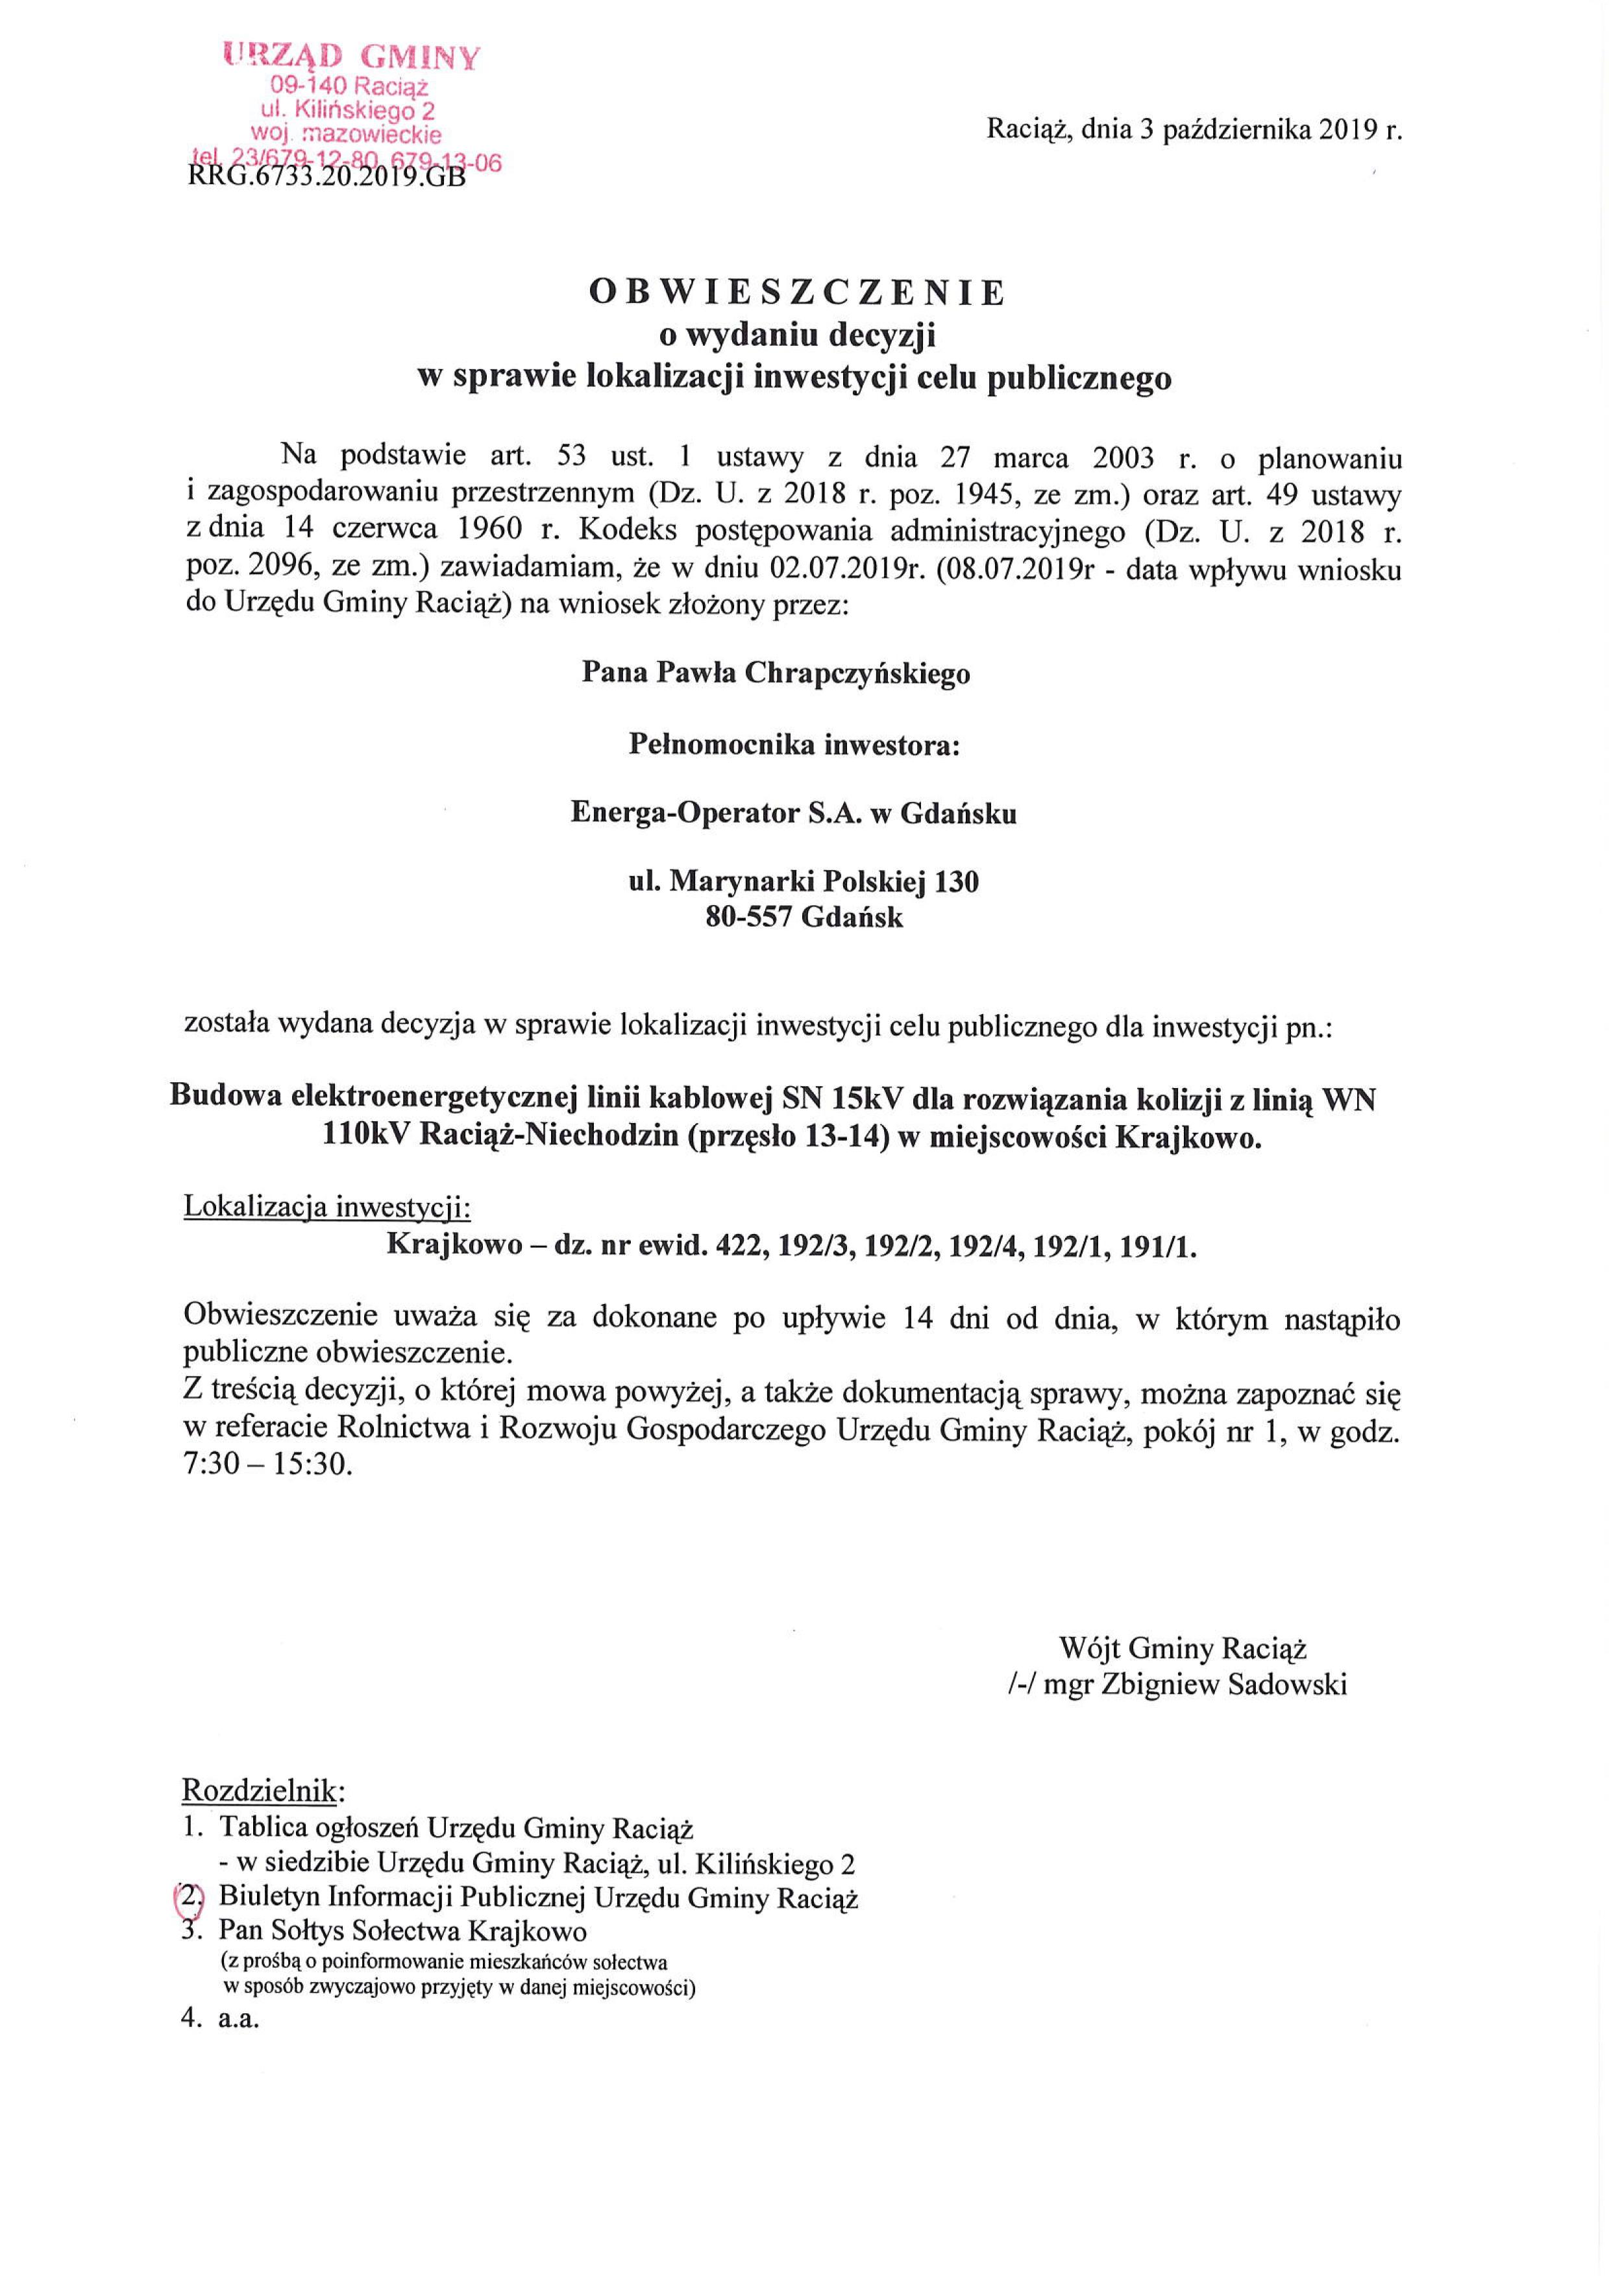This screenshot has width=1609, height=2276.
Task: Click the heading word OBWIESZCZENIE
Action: [x=798, y=293]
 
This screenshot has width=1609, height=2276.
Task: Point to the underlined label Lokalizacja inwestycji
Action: [x=327, y=1208]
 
